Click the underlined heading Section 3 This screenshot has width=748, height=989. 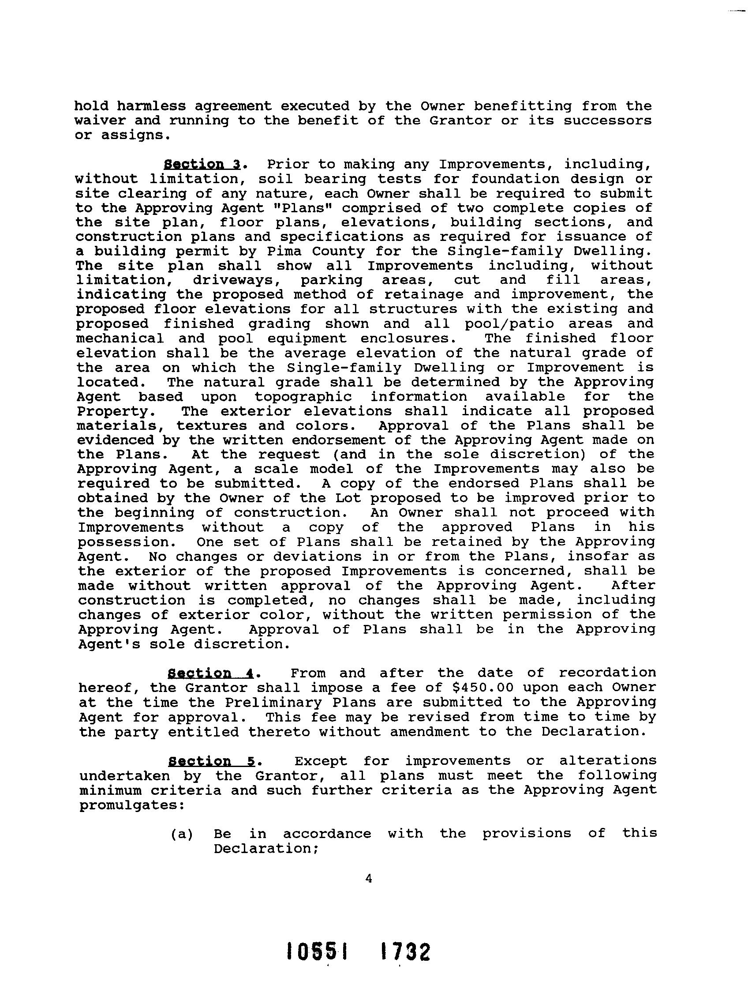202,164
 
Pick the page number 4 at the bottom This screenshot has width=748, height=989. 369,879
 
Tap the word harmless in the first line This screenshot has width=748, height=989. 151,106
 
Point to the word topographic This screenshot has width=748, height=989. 303,397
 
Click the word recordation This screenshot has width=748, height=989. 607,673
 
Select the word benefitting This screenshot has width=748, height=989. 523,106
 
